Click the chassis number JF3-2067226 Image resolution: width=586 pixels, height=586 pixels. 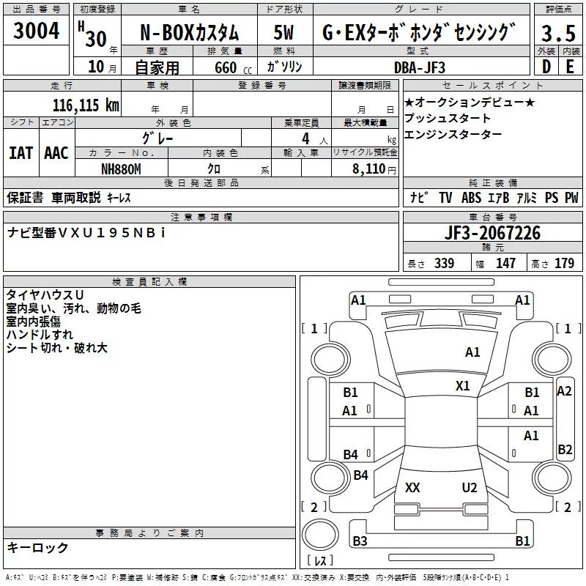click(492, 234)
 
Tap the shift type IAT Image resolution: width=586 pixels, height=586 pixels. click(21, 152)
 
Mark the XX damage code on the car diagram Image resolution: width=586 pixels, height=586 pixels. click(412, 488)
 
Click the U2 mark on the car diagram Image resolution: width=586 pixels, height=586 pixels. click(470, 488)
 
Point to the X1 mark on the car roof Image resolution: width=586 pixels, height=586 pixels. click(463, 385)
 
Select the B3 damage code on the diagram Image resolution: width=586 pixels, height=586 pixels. click(360, 541)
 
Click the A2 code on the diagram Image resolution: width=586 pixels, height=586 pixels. click(564, 391)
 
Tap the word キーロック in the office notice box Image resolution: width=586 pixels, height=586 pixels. click(37, 548)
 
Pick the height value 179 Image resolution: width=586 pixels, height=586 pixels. click(564, 264)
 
